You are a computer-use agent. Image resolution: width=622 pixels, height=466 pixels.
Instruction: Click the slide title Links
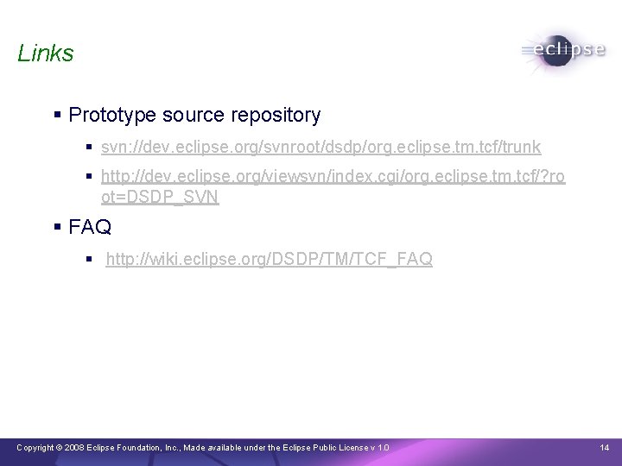tap(46, 54)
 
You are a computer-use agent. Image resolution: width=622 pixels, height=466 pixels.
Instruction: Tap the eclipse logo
tap(562, 50)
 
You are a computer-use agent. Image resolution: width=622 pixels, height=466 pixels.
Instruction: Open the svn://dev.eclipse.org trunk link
tap(321, 148)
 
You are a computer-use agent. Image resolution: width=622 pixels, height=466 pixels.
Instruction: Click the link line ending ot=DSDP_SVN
tap(160, 197)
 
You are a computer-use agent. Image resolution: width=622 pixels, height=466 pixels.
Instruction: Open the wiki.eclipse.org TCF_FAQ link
tap(269, 259)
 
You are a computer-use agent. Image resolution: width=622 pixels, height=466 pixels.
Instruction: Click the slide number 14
tap(604, 447)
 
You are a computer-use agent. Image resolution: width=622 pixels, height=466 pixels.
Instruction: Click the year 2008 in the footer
tap(73, 447)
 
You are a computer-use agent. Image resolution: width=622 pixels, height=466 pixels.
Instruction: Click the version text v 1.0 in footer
tap(378, 447)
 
